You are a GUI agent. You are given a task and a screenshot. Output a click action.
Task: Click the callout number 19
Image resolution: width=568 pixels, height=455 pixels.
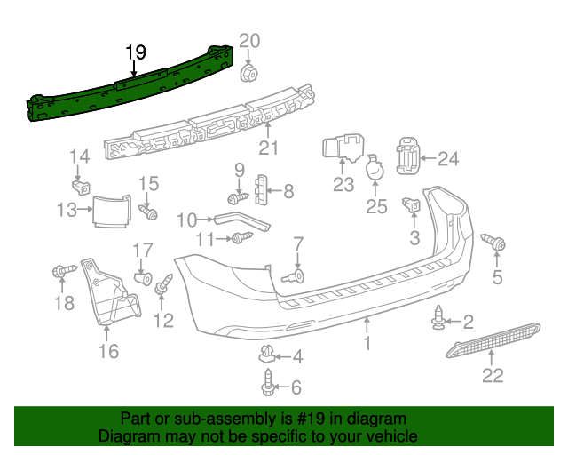tap(135, 52)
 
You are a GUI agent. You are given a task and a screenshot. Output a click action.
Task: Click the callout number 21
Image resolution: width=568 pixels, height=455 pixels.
tap(268, 148)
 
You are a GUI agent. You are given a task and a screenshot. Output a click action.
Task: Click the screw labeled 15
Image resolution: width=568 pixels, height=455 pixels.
tap(148, 212)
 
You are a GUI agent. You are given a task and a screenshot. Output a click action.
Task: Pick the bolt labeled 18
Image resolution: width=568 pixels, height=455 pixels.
tap(61, 269)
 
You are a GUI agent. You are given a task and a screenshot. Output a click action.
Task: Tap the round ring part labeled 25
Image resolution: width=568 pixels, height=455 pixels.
tap(375, 169)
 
